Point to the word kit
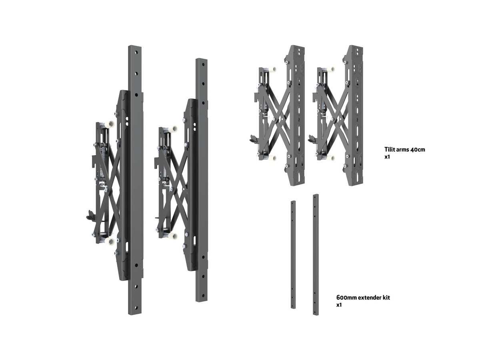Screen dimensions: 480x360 386,298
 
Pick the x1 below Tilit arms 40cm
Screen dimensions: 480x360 387,157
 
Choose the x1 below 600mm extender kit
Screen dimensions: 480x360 339,305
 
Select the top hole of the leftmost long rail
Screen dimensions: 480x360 136,53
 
